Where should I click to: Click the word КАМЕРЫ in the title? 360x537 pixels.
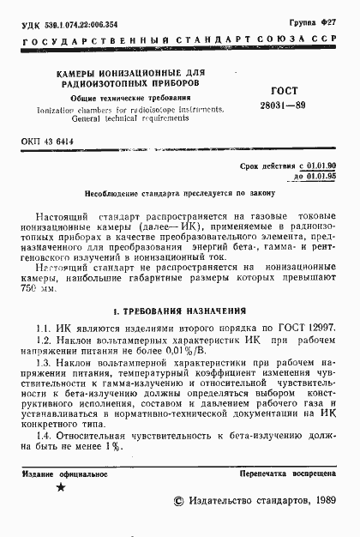pos(67,75)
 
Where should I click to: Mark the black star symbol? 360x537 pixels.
pos(60,488)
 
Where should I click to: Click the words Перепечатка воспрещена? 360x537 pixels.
pos(288,474)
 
